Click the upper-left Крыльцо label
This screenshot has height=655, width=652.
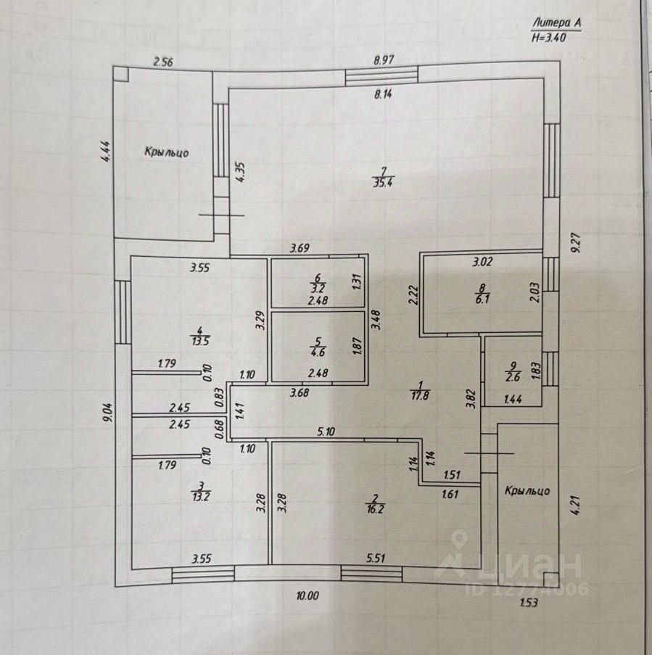(167, 152)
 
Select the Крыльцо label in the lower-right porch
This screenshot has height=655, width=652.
(527, 491)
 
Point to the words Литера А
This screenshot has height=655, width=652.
(557, 23)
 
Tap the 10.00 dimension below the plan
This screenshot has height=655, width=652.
(308, 596)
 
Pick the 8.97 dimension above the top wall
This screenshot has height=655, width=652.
(383, 61)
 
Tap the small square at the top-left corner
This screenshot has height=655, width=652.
(122, 74)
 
